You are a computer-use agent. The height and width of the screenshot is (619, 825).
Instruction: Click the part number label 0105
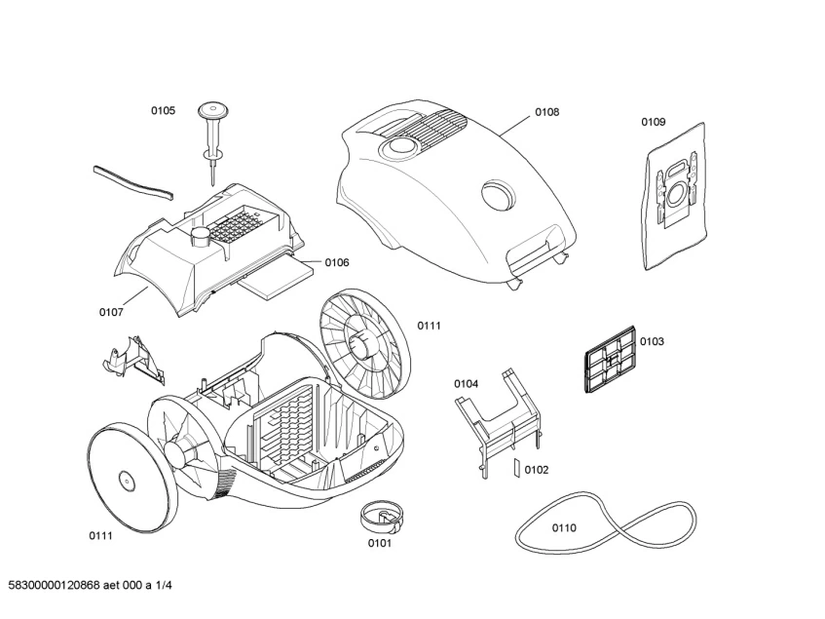[163, 111]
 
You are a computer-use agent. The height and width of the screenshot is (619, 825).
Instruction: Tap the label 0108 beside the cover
[546, 112]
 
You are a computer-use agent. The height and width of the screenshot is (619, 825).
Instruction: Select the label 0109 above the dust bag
[653, 122]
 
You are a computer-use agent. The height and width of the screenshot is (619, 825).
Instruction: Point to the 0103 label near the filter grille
[652, 341]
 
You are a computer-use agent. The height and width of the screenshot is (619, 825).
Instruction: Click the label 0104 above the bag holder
[466, 384]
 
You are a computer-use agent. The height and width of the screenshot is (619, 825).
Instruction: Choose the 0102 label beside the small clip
[537, 470]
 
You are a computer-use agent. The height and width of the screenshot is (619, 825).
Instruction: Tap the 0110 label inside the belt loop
[564, 527]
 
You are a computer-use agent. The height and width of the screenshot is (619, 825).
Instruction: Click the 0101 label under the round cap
[379, 543]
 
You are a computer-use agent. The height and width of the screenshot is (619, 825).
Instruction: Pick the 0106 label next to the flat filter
[337, 262]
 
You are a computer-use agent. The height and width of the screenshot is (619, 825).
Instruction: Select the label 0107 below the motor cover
[111, 312]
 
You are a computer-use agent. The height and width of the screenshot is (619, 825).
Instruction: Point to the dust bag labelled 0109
[673, 195]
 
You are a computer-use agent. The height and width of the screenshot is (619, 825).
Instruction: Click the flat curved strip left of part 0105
[132, 181]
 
